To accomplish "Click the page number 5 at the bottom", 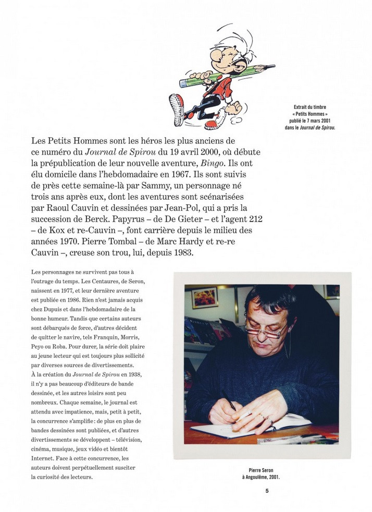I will [x=267, y=491].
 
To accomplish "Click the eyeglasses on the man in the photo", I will [x=264, y=330].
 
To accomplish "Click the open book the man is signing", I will [x=245, y=426].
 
